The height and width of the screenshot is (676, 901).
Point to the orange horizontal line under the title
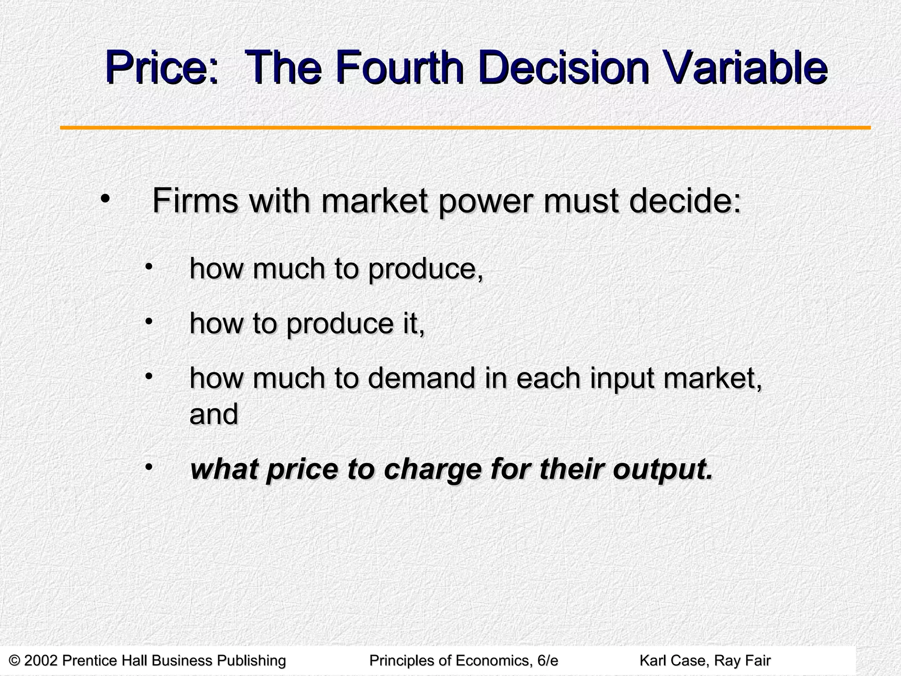point(465,128)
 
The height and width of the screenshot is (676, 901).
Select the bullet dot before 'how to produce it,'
point(149,322)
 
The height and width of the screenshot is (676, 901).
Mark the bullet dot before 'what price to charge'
point(149,466)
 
